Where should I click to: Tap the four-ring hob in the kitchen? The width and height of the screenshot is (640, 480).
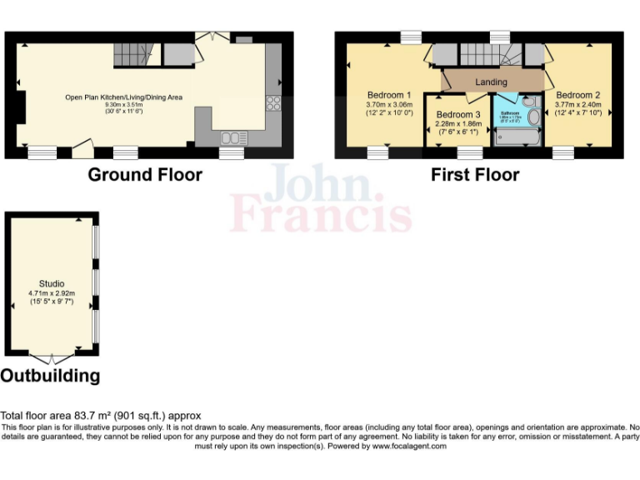click(x=272, y=103)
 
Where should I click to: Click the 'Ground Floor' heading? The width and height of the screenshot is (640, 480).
click(x=145, y=174)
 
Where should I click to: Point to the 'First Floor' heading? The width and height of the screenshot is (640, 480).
click(x=474, y=174)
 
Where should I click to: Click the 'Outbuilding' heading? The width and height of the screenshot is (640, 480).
click(x=50, y=376)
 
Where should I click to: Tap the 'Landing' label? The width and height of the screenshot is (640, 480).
click(x=491, y=82)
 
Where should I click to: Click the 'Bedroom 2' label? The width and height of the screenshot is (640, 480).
click(x=578, y=95)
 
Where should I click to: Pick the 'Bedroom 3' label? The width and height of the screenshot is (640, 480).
click(x=458, y=114)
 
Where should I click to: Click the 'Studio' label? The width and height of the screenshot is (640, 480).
click(x=52, y=284)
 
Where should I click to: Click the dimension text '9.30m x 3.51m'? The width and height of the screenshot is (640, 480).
click(x=123, y=104)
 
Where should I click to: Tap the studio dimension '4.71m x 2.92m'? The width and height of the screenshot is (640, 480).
click(x=52, y=293)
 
